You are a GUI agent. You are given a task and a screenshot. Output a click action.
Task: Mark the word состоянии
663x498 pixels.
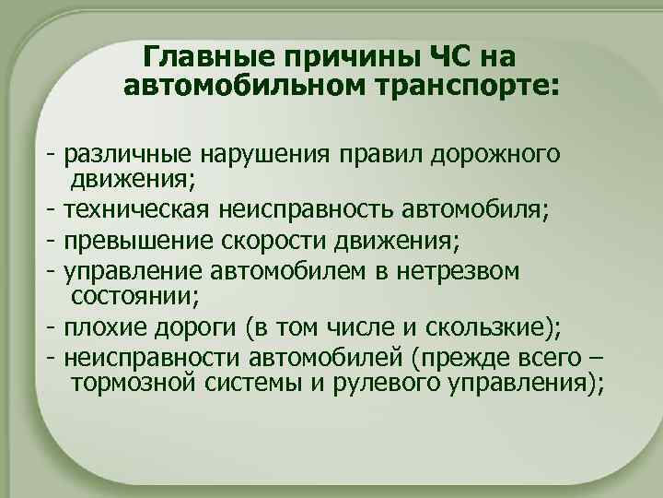(x=125, y=295)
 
